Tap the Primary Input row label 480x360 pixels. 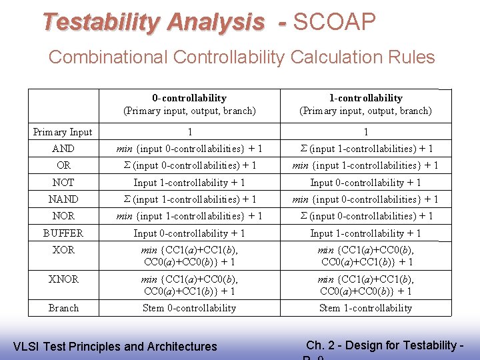pyautogui.click(x=63, y=132)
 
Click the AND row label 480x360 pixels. pyautogui.click(x=63, y=149)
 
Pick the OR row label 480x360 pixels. pyautogui.click(x=63, y=165)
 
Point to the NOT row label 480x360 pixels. pyautogui.click(x=63, y=182)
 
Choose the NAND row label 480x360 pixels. pyautogui.click(x=63, y=199)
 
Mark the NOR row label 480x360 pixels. pyautogui.click(x=63, y=216)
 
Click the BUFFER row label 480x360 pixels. pyautogui.click(x=63, y=233)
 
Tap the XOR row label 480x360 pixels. pyautogui.click(x=63, y=250)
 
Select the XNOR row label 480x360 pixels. pyautogui.click(x=63, y=279)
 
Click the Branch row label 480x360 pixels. pyautogui.click(x=63, y=308)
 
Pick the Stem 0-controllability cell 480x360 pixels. pyautogui.click(x=189, y=308)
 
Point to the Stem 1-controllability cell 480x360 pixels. pyautogui.click(x=365, y=308)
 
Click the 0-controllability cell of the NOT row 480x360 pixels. pyautogui.click(x=189, y=183)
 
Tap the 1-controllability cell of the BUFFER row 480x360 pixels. pyautogui.click(x=365, y=233)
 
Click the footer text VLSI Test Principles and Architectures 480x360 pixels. pyautogui.click(x=115, y=347)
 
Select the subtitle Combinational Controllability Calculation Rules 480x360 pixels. pyautogui.click(x=241, y=57)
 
